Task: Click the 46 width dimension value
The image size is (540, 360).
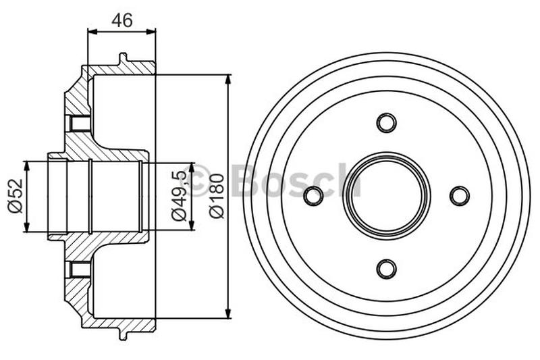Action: (x=122, y=20)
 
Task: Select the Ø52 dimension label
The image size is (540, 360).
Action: (x=14, y=197)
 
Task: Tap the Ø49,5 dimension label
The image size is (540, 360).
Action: (x=179, y=197)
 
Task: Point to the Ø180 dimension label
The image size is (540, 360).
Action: (x=216, y=197)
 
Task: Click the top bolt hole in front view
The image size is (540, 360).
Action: (x=386, y=123)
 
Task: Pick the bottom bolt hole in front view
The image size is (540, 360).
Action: (x=386, y=269)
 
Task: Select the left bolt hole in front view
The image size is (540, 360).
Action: (x=313, y=196)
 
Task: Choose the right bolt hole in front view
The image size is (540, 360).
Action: (x=459, y=196)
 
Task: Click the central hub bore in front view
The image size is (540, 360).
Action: (x=386, y=196)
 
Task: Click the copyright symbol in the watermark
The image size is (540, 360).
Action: (x=200, y=181)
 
